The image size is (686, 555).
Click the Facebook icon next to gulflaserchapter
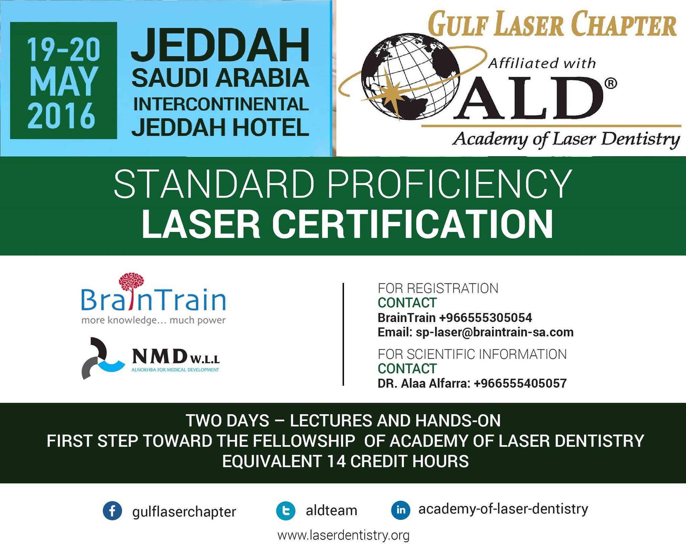click(112, 511)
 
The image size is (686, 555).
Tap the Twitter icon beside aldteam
click(286, 511)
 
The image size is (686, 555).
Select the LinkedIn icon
click(401, 510)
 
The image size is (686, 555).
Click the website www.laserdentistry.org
click(343, 535)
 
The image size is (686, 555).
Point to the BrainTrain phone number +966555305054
click(485, 317)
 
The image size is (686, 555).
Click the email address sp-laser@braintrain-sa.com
click(494, 332)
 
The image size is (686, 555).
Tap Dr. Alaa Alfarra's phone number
click(520, 383)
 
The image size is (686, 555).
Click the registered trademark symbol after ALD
click(611, 83)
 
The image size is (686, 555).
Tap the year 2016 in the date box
click(62, 116)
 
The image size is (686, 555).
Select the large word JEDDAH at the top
click(220, 45)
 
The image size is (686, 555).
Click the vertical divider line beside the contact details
click(343, 334)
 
